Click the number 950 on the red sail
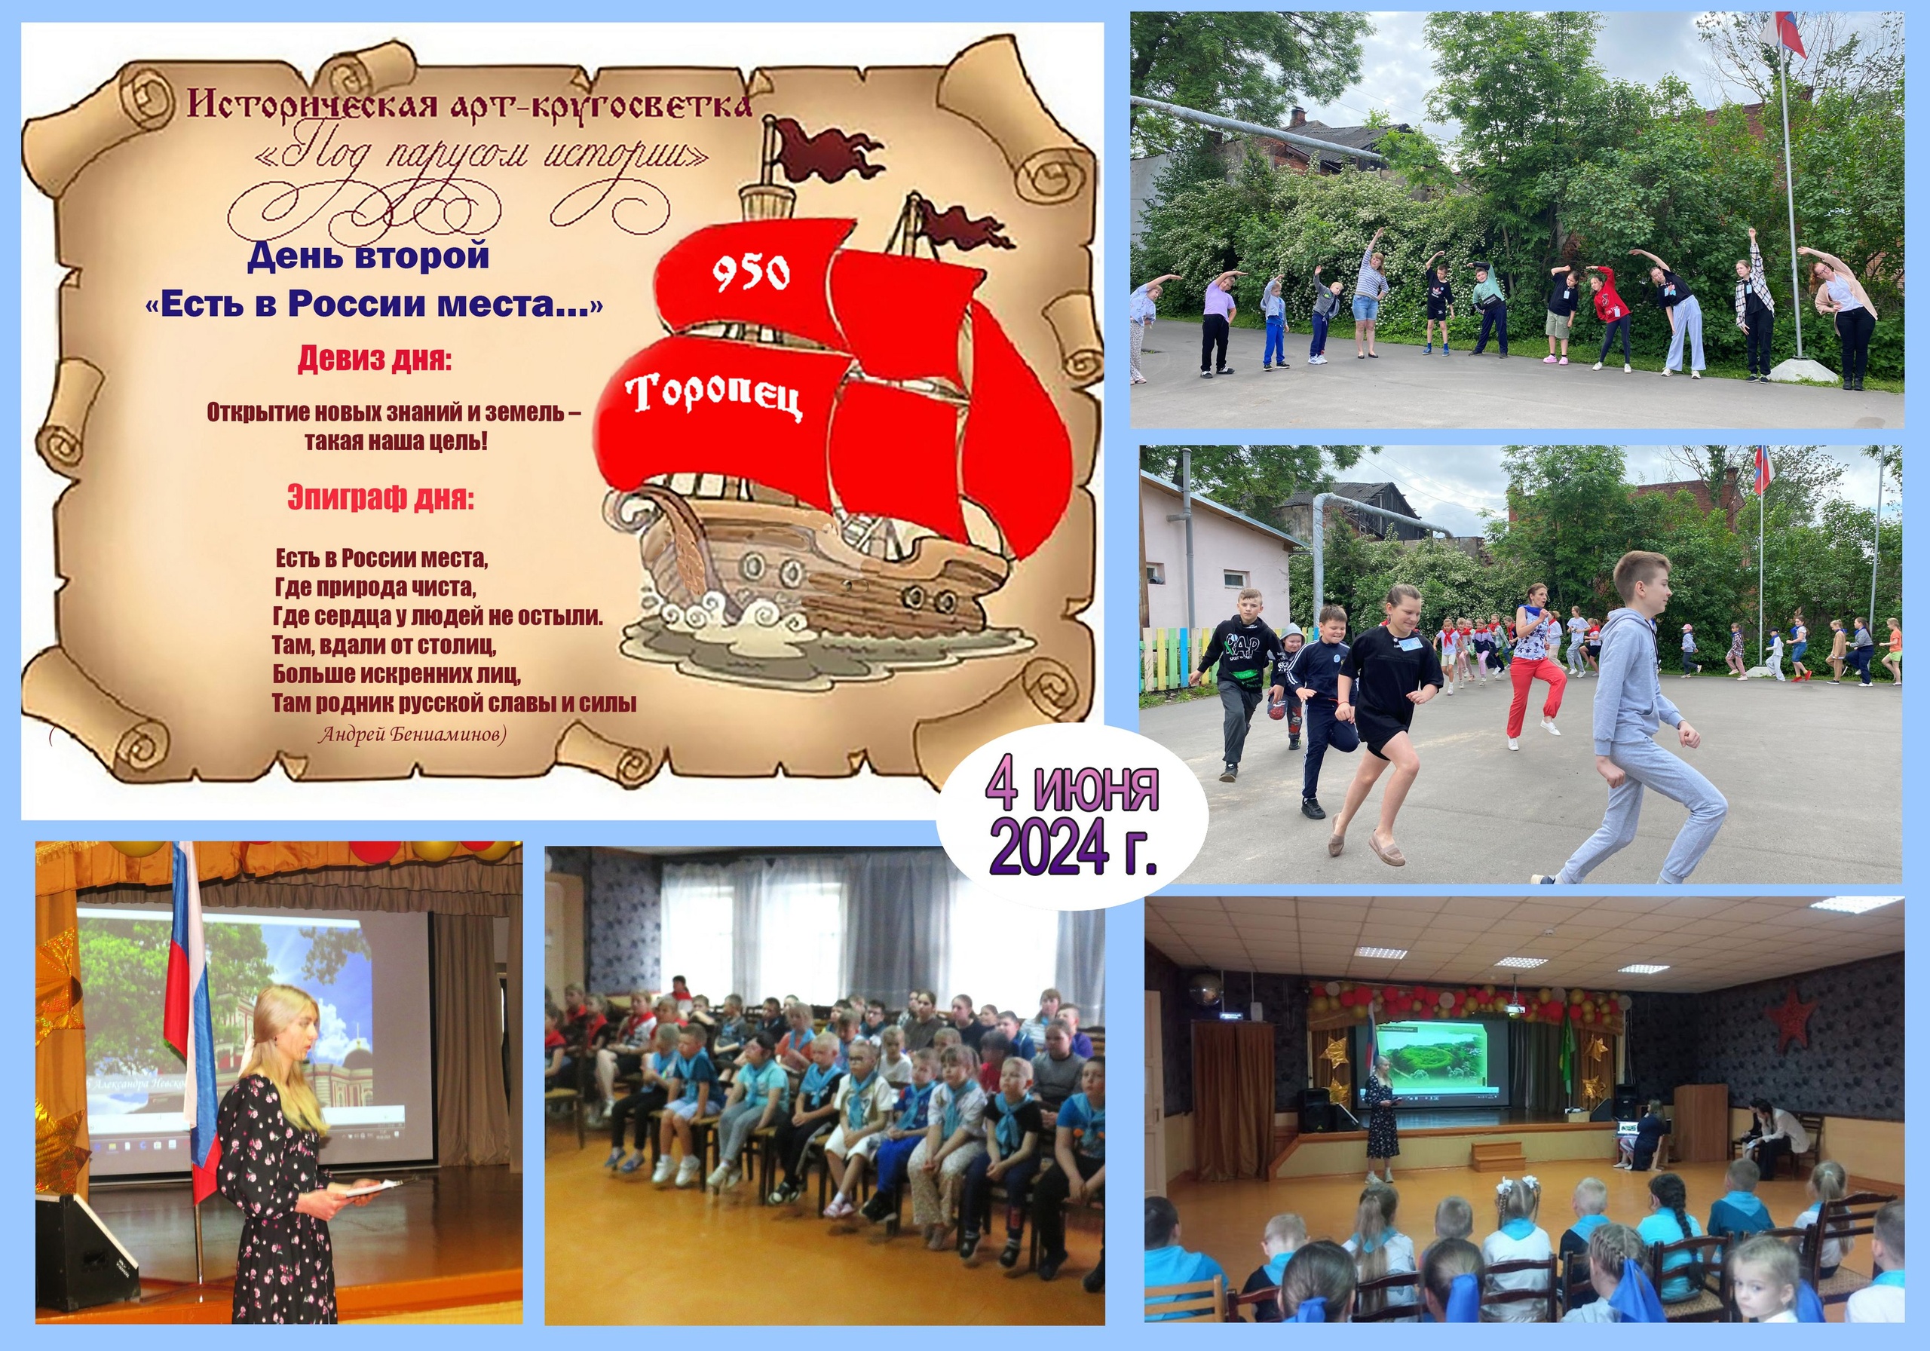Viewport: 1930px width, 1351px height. [751, 273]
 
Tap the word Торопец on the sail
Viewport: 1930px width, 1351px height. [714, 395]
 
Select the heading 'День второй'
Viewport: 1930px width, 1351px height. [368, 256]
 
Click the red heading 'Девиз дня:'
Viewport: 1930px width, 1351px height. [374, 360]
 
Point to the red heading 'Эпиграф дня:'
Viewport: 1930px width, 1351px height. [381, 498]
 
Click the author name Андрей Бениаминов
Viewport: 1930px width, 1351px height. [412, 735]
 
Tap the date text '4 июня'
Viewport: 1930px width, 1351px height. [1072, 789]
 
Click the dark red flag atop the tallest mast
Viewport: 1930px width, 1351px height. [828, 152]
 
